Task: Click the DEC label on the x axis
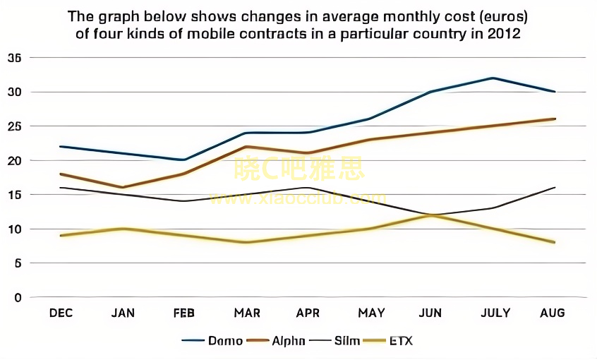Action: [x=61, y=313]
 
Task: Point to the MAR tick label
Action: [x=247, y=313]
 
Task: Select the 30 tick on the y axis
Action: [x=15, y=92]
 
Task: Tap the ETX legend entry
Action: [x=399, y=341]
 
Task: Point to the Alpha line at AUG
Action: [x=555, y=119]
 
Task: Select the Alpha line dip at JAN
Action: [x=123, y=188]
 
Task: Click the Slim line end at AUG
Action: [x=555, y=188]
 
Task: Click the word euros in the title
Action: [x=494, y=16]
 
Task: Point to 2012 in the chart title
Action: [x=504, y=34]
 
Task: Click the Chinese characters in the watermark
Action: [x=299, y=169]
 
